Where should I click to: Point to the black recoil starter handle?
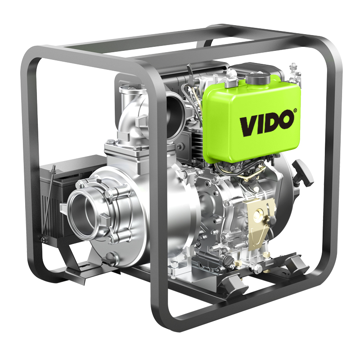302,172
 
